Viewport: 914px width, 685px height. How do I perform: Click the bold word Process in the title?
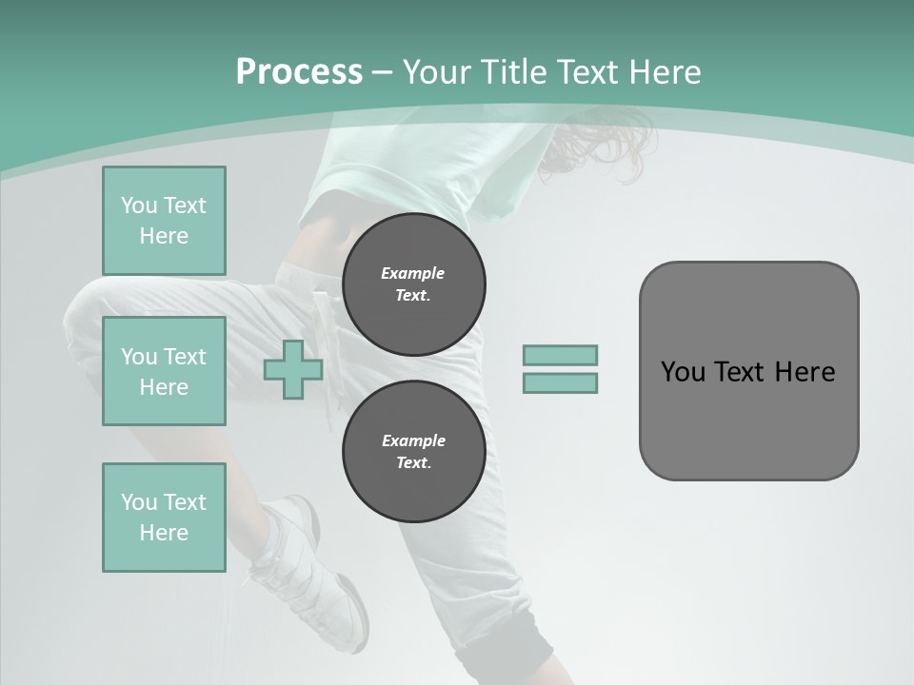(x=299, y=72)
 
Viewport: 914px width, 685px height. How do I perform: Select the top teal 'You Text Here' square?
(x=164, y=221)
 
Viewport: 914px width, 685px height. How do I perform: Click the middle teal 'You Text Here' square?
(x=164, y=371)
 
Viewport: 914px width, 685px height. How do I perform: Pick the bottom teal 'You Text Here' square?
(x=164, y=518)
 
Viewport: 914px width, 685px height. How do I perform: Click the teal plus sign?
(x=293, y=370)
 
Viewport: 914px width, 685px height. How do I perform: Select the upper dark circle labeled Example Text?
(x=414, y=284)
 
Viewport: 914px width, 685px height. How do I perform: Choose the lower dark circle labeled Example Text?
(x=414, y=452)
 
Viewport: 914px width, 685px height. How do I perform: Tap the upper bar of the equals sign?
(x=561, y=355)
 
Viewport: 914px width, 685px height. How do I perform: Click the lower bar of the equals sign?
(x=561, y=383)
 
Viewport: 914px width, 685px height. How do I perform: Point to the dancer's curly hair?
(x=600, y=147)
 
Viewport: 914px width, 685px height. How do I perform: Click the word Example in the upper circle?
(x=413, y=273)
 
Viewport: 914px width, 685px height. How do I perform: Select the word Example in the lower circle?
(x=413, y=440)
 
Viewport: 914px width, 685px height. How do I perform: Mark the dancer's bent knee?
(x=86, y=323)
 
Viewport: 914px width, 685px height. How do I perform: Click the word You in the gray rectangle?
(x=683, y=372)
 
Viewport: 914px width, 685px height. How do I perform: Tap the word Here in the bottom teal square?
(x=164, y=533)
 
